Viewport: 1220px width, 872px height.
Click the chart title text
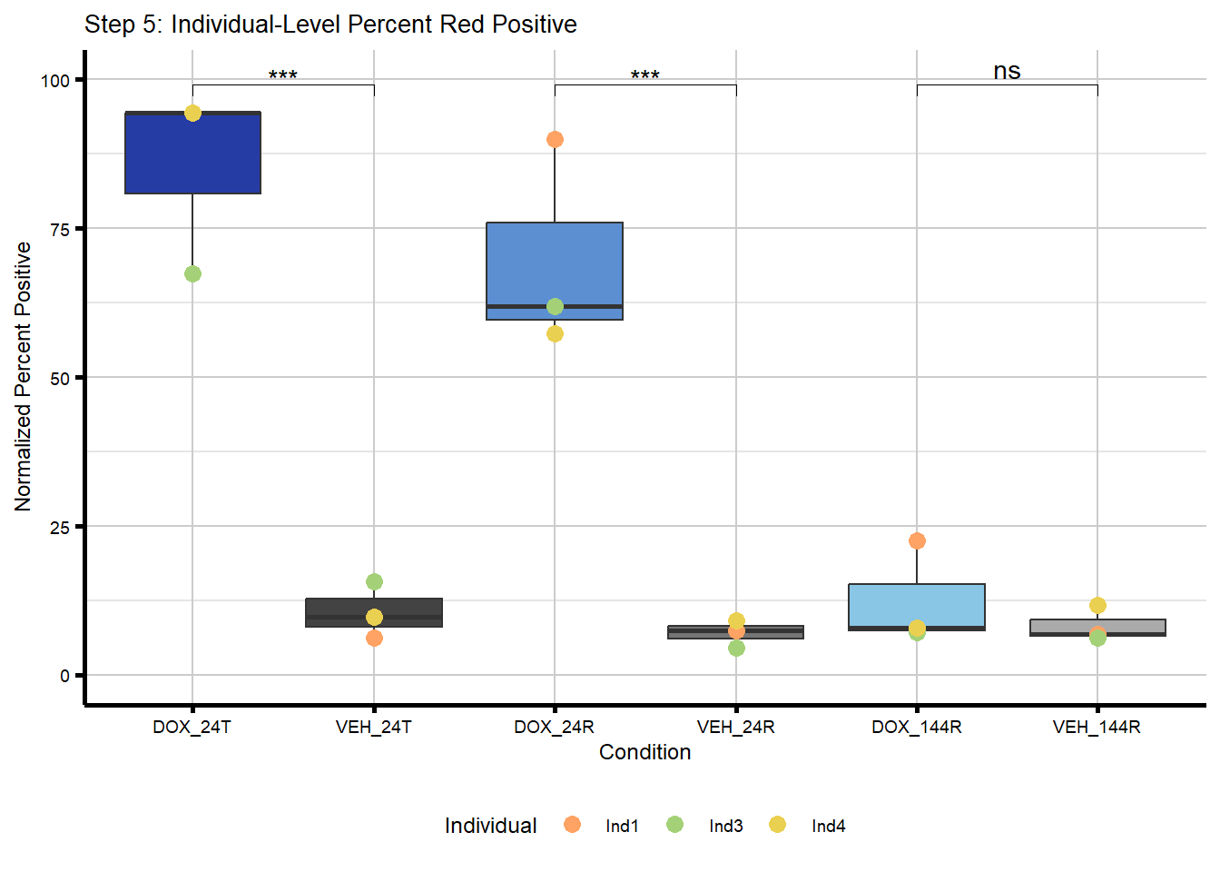click(330, 25)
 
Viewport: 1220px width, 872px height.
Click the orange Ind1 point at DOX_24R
click(555, 139)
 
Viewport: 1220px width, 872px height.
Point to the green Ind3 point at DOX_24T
click(192, 273)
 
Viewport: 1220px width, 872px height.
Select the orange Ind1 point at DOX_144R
click(917, 540)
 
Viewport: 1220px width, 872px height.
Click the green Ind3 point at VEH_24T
click(374, 581)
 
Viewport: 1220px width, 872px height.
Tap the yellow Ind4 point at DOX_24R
click(555, 333)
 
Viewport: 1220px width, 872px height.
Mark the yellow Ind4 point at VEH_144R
click(1097, 605)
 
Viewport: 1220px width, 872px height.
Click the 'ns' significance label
click(1007, 71)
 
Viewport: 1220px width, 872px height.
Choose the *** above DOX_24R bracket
click(645, 75)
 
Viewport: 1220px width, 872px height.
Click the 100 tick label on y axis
click(55, 81)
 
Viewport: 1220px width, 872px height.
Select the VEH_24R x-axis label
click(735, 727)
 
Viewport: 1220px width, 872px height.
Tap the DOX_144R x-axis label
click(916, 727)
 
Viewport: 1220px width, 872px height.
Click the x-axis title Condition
click(644, 752)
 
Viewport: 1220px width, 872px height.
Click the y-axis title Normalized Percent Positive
click(24, 376)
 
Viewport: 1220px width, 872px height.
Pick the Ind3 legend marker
click(674, 824)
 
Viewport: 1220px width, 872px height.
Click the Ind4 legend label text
click(828, 826)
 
